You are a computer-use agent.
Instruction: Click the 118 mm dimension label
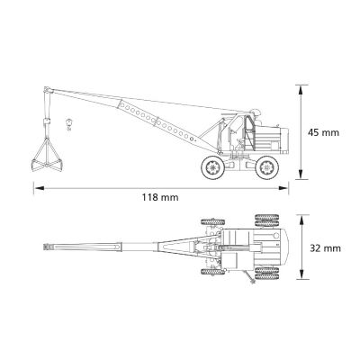(160, 197)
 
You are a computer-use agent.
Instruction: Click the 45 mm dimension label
(323, 132)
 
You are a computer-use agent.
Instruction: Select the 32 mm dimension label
(325, 248)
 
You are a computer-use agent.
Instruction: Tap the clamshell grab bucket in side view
(47, 155)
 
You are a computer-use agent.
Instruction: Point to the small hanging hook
(69, 124)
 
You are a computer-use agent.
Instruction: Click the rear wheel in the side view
(266, 167)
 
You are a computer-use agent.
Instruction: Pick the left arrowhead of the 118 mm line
(39, 188)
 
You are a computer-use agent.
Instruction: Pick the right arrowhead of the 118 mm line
(283, 188)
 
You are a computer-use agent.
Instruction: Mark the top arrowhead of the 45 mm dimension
(301, 90)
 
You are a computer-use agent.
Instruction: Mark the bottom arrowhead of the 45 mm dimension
(301, 174)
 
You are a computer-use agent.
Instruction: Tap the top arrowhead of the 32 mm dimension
(302, 220)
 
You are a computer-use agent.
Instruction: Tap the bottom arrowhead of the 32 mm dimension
(302, 274)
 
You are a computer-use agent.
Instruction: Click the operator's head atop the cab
(256, 112)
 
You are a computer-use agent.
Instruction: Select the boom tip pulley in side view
(47, 90)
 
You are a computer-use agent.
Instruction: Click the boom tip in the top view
(48, 247)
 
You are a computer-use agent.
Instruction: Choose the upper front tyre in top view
(213, 222)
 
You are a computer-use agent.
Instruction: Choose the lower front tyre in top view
(213, 272)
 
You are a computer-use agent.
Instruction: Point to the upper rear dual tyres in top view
(266, 220)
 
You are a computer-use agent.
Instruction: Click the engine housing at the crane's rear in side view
(272, 139)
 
